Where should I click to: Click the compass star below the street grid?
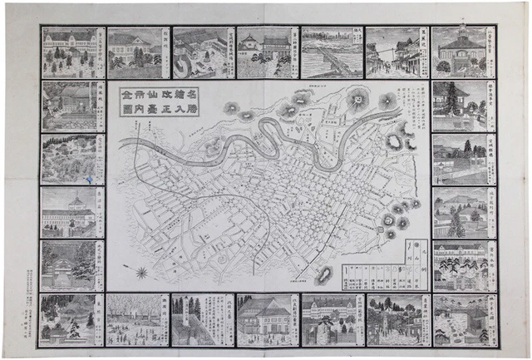[142, 272]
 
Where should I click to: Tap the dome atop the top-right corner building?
[460, 35]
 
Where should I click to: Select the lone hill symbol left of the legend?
[323, 274]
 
